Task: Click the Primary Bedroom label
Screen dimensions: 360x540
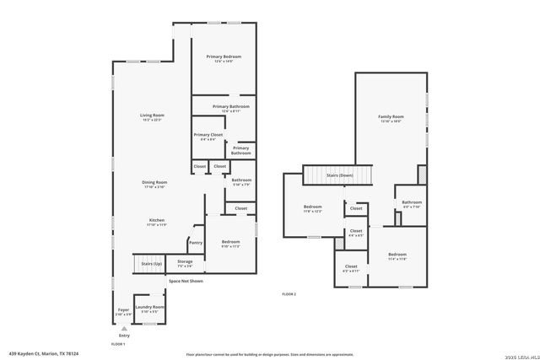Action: point(224,58)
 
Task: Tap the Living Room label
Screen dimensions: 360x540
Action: point(152,116)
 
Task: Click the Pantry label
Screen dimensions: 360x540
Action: point(195,243)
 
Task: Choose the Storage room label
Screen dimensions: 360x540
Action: point(184,262)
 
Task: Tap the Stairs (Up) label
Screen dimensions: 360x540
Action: point(152,264)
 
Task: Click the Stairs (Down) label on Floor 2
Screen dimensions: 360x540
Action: point(339,175)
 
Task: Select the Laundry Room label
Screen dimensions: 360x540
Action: point(153,309)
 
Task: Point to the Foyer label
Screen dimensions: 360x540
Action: point(123,310)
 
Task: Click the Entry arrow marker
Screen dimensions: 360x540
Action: point(123,329)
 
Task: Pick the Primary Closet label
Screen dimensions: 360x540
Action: point(208,136)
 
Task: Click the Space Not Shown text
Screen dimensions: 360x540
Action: point(185,281)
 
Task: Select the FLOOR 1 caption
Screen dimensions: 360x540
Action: point(118,344)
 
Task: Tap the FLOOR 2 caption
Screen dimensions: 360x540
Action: point(289,293)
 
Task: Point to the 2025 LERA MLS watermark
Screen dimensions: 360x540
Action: point(521,356)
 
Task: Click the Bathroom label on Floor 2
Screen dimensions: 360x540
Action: point(412,203)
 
